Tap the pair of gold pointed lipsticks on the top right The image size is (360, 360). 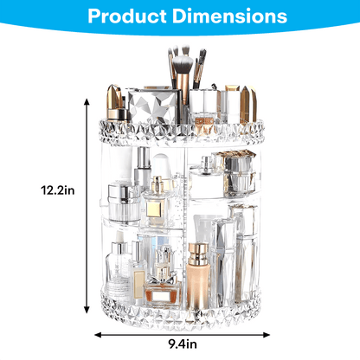coord(236,97)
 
